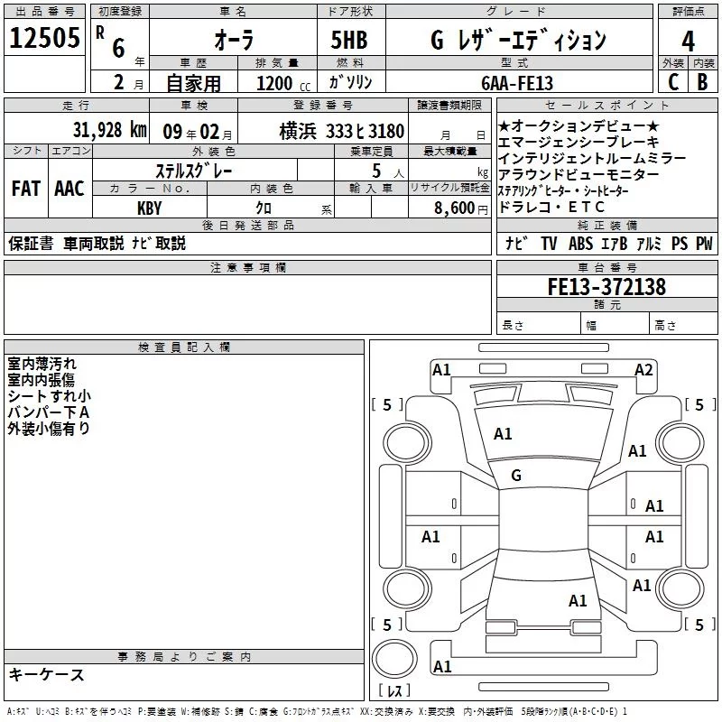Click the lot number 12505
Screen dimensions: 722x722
click(44, 38)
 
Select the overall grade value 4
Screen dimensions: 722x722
click(688, 42)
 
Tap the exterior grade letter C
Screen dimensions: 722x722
click(672, 82)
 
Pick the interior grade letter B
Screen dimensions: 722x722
click(702, 82)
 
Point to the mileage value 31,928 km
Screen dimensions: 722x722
click(109, 130)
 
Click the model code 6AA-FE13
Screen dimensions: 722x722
click(517, 83)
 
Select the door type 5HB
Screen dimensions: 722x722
click(349, 40)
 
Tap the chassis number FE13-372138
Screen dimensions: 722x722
click(606, 286)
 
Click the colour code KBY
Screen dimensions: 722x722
click(150, 208)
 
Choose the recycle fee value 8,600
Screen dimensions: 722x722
click(455, 208)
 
